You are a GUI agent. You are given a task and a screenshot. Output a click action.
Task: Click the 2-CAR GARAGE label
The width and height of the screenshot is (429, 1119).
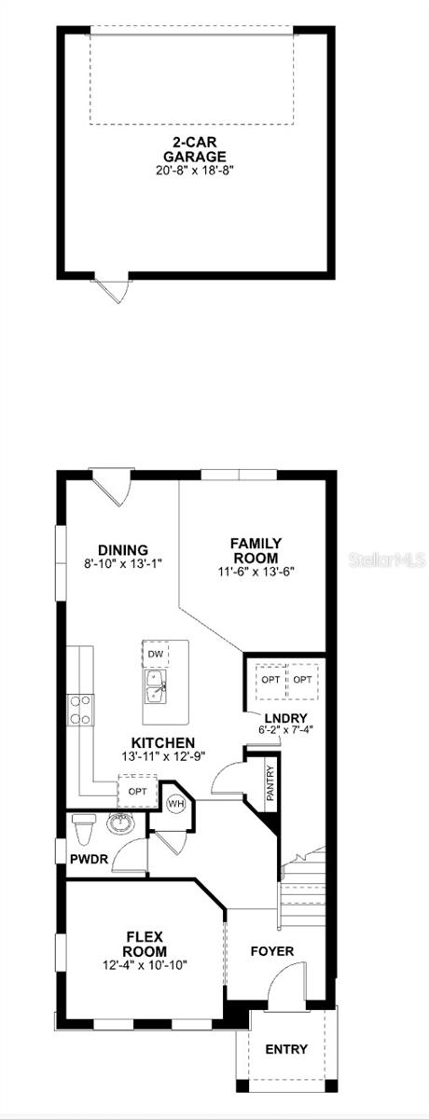194,150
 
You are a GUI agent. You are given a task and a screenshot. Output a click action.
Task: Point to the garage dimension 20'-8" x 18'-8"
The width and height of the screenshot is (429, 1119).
194,171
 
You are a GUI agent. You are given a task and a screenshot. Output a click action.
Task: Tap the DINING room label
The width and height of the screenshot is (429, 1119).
123,550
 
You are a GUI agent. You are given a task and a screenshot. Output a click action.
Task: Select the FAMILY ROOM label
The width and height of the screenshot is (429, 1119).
256,550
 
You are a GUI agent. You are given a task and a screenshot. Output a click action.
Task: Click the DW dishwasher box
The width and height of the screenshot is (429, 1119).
156,655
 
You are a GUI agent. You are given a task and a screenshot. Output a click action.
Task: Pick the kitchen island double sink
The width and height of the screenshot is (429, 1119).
156,686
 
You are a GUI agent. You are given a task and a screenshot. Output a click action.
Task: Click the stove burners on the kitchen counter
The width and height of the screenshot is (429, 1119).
81,710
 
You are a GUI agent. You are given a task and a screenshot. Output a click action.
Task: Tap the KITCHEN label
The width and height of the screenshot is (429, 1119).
163,743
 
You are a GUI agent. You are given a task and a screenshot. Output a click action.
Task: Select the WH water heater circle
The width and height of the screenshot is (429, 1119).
175,803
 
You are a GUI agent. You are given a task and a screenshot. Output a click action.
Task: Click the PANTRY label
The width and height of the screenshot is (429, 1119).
270,784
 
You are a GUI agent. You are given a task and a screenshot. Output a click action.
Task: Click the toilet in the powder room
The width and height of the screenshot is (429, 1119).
83,827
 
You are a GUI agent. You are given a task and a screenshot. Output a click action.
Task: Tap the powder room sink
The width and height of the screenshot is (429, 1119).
120,822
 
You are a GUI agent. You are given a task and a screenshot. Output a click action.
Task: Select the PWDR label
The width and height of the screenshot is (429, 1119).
90,859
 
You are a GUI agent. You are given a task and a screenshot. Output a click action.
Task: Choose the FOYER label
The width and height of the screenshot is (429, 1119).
272,951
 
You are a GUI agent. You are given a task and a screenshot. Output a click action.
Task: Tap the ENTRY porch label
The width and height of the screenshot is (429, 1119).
286,1049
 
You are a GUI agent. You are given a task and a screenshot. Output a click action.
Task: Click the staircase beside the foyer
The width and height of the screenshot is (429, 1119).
302,880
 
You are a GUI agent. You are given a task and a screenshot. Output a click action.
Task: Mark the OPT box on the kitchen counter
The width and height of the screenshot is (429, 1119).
137,792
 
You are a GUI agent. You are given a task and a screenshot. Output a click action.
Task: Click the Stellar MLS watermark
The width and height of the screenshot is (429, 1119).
387,560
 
